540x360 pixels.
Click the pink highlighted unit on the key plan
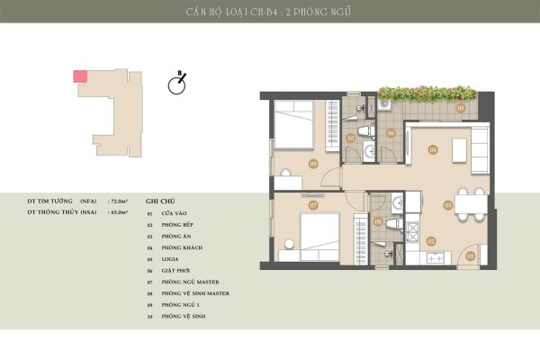tap(79, 76)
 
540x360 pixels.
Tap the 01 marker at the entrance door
tap(470, 256)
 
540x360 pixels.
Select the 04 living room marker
tap(433, 149)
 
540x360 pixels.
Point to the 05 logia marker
tap(460, 108)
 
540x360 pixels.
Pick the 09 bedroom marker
tap(312, 163)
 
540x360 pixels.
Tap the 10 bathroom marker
tap(351, 139)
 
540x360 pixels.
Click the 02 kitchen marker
tap(431, 240)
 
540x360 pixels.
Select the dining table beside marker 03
tap(471, 205)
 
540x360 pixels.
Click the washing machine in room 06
tap(384, 105)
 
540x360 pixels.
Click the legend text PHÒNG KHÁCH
tap(180, 247)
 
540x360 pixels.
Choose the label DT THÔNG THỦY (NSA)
tap(62, 213)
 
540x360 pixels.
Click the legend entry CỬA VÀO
tap(174, 212)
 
